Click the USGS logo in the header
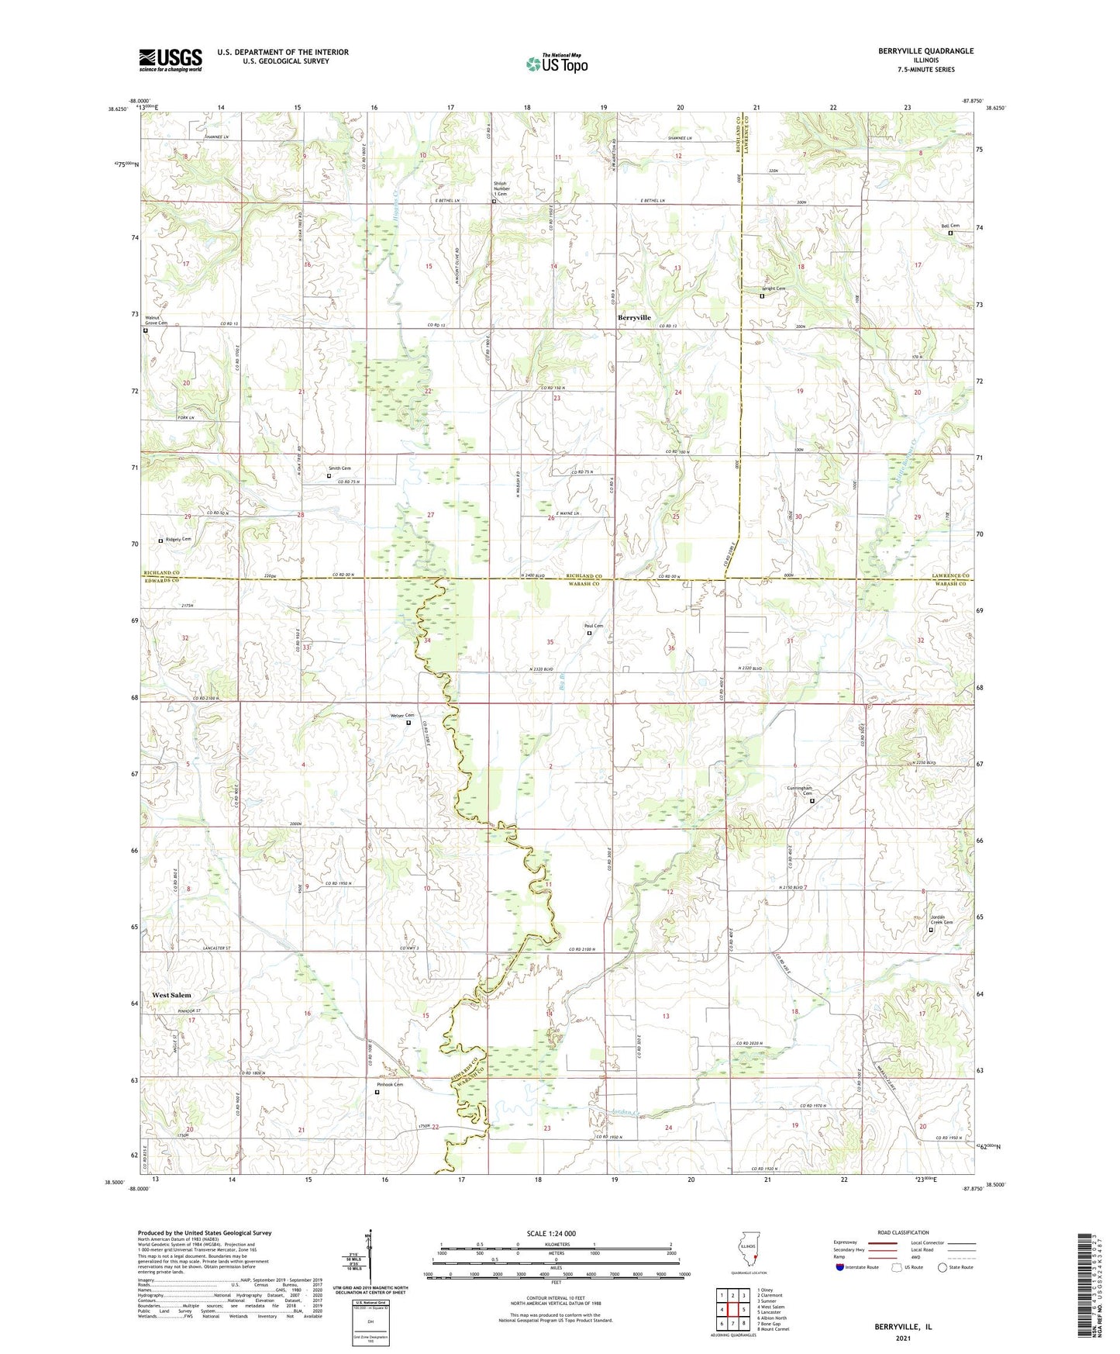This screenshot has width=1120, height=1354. coord(170,60)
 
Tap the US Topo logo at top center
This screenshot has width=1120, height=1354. coord(556,63)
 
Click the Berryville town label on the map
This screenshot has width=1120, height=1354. coord(634,318)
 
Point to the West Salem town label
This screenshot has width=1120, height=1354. coord(171,995)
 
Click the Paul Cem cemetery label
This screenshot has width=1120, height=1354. coord(594,626)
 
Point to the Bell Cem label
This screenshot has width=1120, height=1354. coord(950,226)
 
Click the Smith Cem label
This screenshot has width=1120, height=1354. coord(339,468)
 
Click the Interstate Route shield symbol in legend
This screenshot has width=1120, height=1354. coord(839,1267)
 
